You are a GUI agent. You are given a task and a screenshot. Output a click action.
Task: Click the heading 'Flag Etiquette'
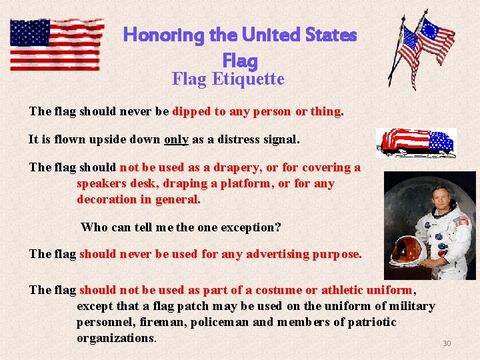click(228, 79)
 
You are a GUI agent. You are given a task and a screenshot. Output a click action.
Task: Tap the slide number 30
click(447, 343)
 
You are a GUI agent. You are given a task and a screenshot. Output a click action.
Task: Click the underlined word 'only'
click(176, 140)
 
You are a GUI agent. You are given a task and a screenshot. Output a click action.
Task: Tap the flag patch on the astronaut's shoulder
click(461, 221)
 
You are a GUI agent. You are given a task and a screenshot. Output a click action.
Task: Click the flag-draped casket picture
click(415, 142)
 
